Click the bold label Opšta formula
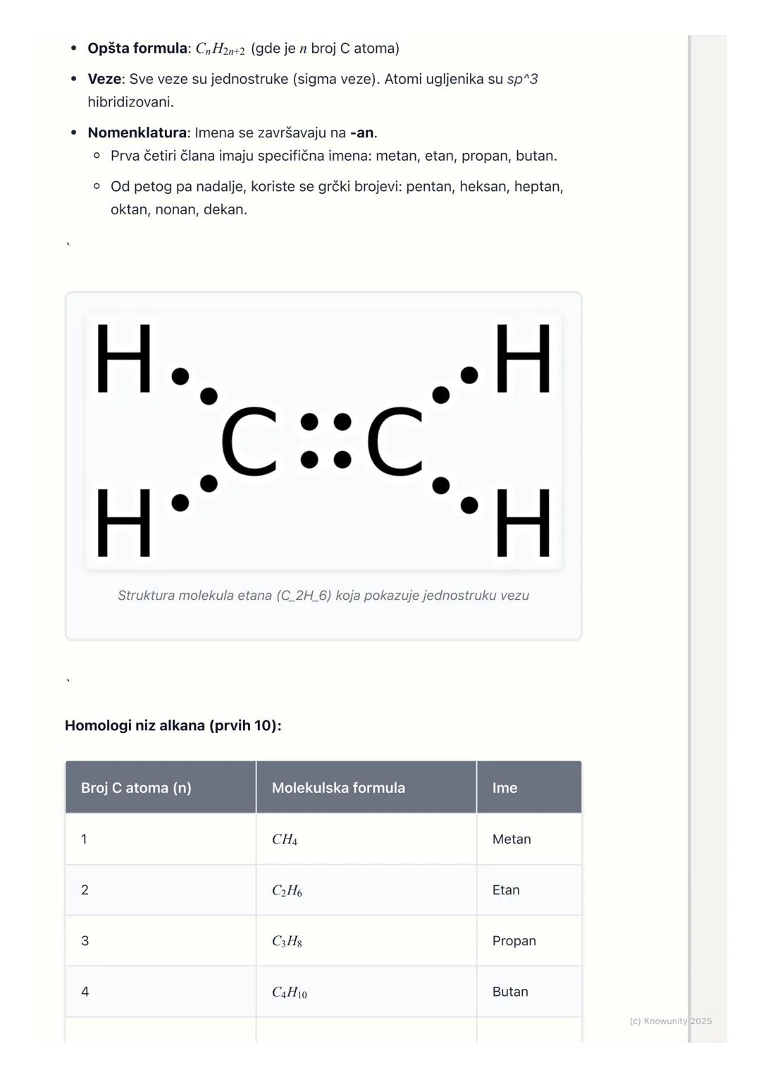pos(137,49)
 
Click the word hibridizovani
pos(130,102)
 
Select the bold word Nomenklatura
pos(137,133)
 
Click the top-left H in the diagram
pos(124,358)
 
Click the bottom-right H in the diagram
pos(523,523)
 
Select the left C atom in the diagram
pos(249,442)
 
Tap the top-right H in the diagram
pos(523,358)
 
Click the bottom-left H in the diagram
pos(124,523)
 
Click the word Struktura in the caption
pos(146,596)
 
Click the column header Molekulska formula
pos(338,788)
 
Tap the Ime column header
pos(505,788)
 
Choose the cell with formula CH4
pos(285,839)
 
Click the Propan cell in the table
pos(514,941)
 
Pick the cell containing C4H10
pos(289,992)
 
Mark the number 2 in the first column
pos(85,890)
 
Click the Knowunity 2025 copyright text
pos(670,1021)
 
